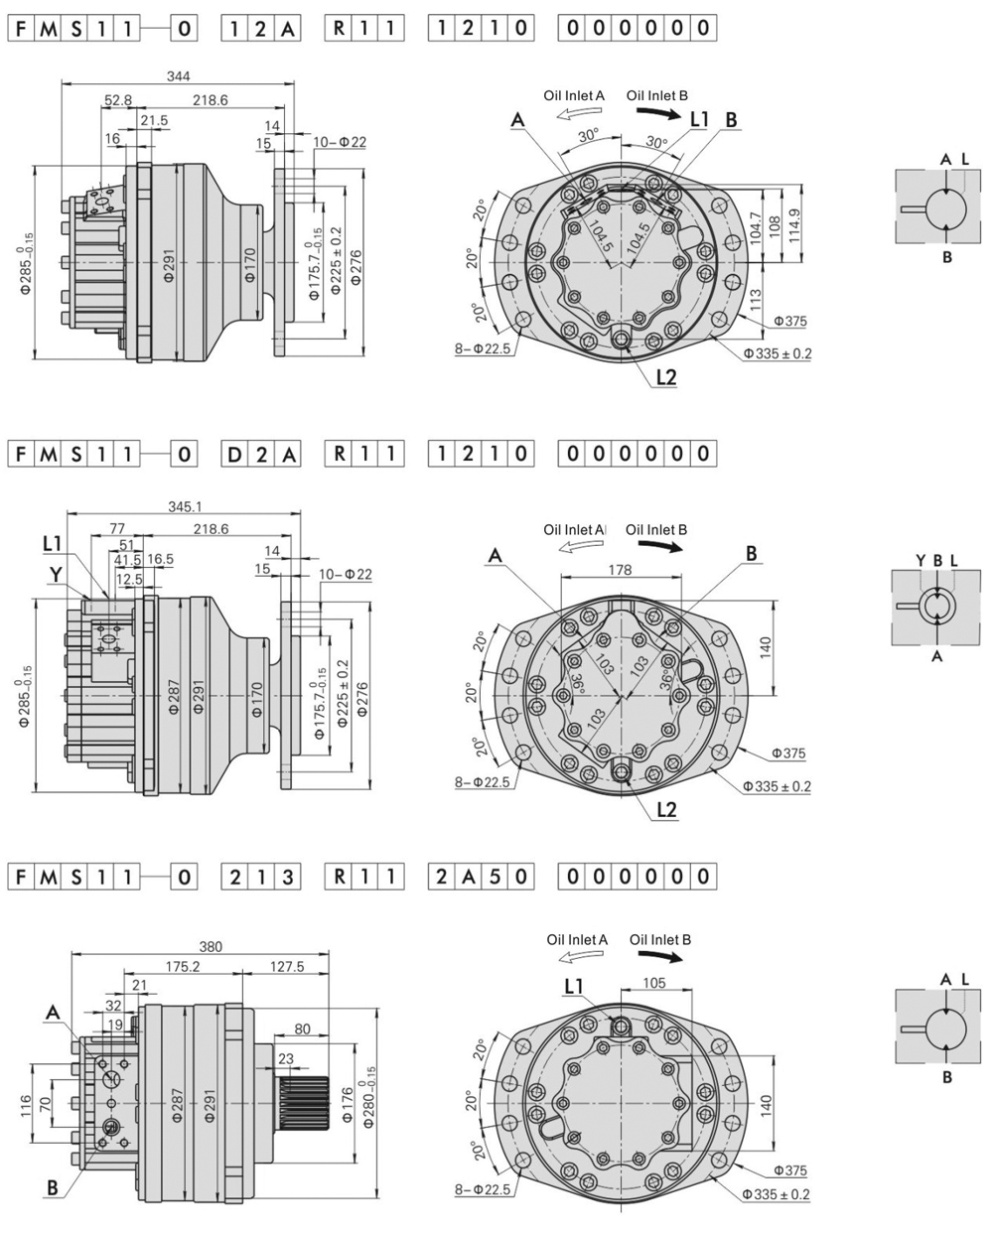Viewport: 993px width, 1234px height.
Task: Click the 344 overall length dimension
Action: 178,75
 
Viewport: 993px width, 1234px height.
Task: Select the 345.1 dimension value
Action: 185,507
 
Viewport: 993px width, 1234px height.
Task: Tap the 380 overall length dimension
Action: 210,947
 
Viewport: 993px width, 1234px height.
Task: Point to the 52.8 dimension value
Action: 118,100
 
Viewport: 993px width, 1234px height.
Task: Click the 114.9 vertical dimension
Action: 794,224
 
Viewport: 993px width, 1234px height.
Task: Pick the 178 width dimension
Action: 620,570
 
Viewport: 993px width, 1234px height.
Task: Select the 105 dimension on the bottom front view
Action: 654,983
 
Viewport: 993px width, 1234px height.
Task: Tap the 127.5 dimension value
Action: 287,967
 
